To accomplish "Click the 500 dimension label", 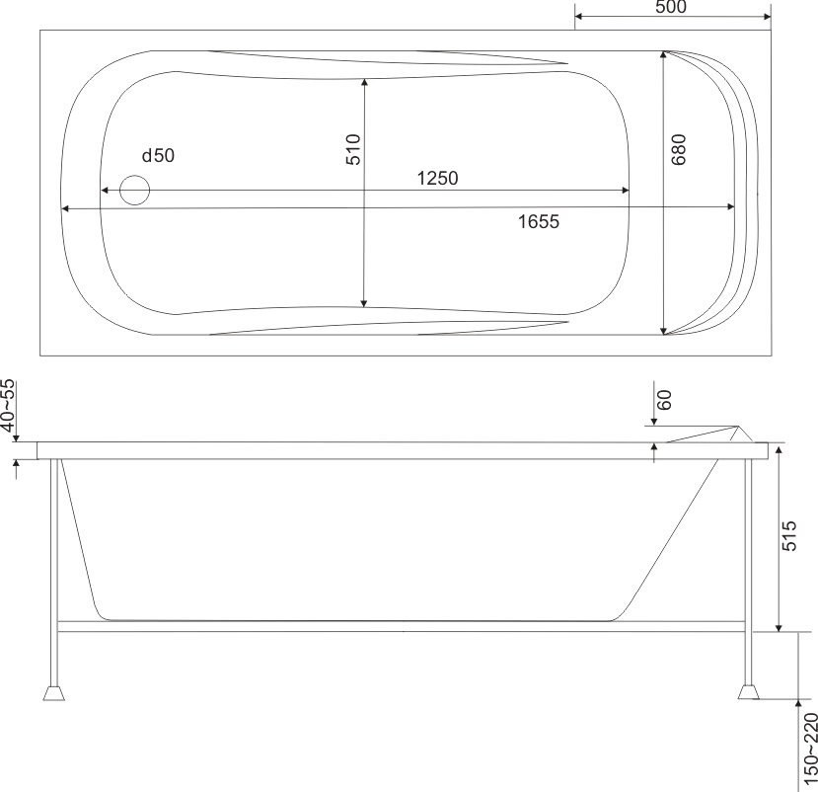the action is click(x=670, y=7).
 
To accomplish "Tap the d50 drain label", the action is click(x=158, y=155).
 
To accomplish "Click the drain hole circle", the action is click(x=134, y=190).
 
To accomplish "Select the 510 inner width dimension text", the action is click(x=353, y=150).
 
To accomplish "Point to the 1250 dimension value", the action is click(x=438, y=178).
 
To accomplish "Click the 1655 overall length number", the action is click(x=539, y=222).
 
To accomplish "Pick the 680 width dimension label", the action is click(x=678, y=150).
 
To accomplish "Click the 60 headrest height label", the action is click(x=664, y=400).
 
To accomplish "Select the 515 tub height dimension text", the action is click(x=789, y=535).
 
